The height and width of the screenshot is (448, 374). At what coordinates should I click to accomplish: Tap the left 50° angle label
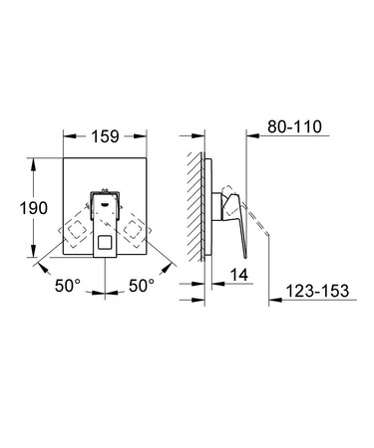coord(68,286)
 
